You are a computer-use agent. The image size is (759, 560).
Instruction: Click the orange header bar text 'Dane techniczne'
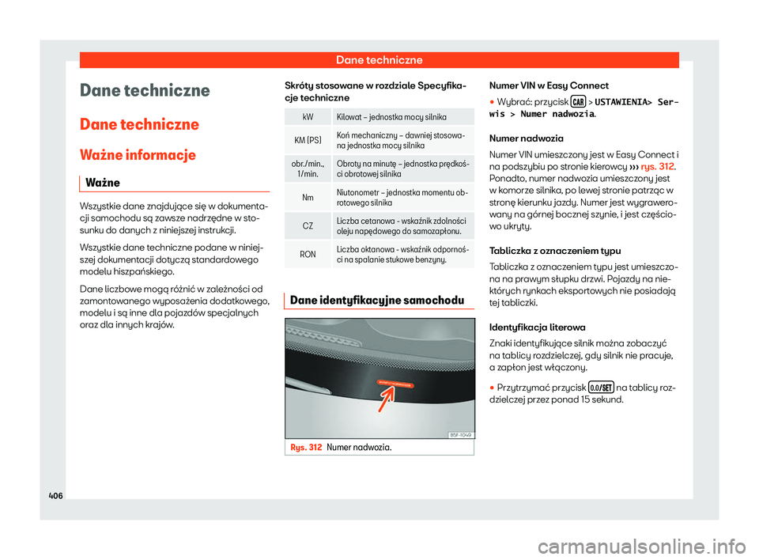coord(379,60)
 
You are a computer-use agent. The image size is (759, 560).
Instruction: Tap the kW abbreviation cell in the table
coord(307,116)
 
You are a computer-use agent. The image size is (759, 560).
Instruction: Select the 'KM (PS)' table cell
coord(307,142)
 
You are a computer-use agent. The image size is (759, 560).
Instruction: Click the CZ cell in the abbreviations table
coord(307,226)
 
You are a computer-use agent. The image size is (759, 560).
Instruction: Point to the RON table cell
coord(307,254)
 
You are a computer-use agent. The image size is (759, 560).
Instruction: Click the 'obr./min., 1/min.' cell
coord(307,168)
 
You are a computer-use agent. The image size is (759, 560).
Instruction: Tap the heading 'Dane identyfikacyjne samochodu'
coord(376,300)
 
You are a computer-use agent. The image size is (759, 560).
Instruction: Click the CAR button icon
coord(578,101)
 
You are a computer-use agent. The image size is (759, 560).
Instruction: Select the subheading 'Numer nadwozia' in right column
coord(523,137)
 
